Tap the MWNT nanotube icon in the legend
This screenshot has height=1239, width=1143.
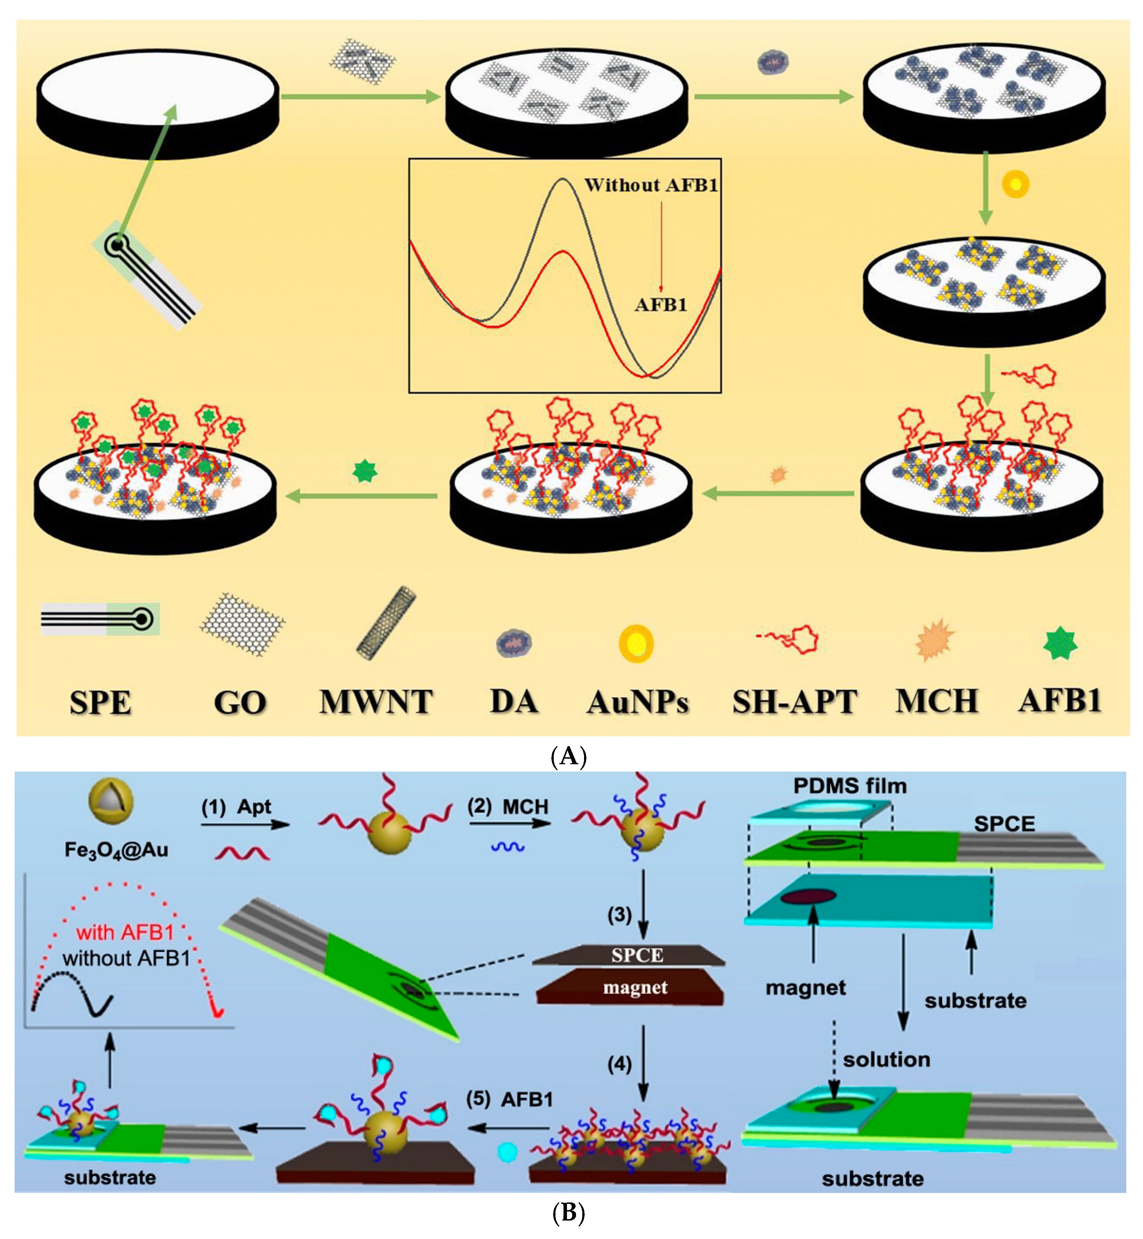coord(386,623)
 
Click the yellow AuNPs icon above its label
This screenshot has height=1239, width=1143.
coord(636,643)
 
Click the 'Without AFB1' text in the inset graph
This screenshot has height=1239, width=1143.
coord(651,185)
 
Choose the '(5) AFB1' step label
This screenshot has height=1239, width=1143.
coord(509,1099)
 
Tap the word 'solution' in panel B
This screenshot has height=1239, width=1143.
coord(886,1060)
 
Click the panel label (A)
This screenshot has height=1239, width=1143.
coord(568,757)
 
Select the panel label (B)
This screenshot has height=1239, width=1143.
coord(568,1213)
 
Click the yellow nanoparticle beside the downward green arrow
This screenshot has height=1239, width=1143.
coord(1015,184)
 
